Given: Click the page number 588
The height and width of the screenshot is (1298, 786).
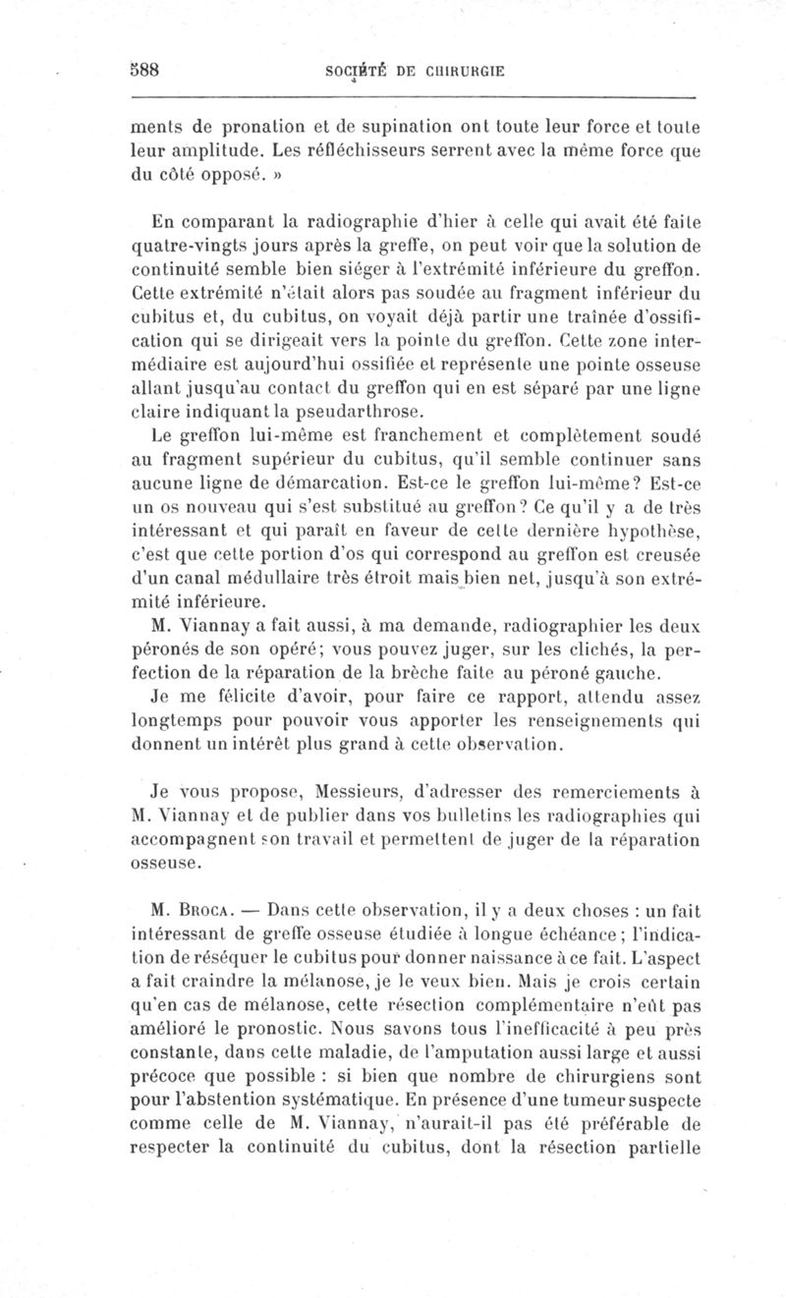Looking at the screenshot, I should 145,70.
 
